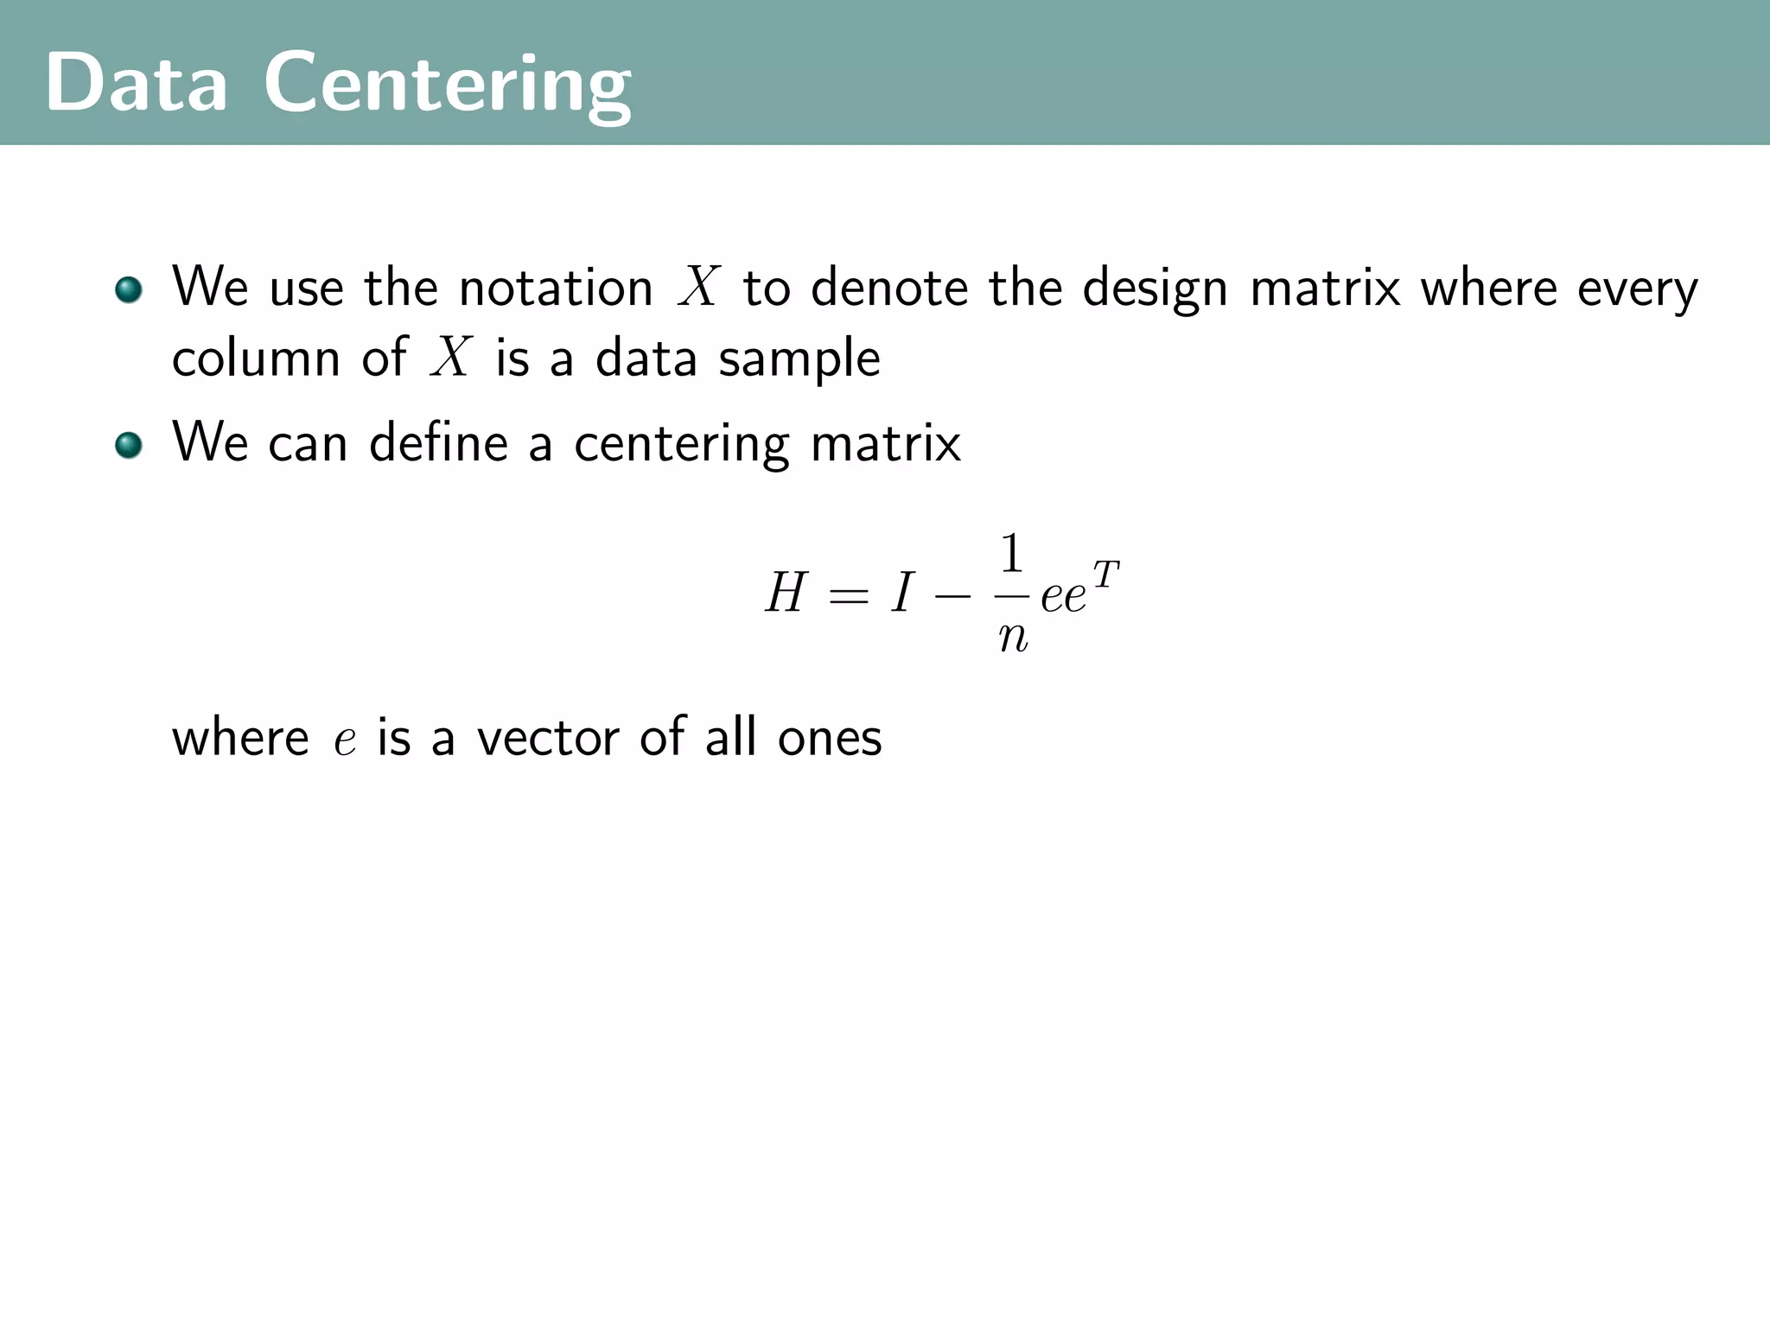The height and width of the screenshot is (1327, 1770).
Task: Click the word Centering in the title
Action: point(448,84)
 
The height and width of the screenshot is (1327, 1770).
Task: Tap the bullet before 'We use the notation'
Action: point(129,289)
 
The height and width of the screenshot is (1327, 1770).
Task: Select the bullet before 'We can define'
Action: point(129,446)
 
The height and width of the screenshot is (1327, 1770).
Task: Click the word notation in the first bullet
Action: point(555,288)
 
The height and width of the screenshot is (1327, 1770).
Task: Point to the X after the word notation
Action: point(698,286)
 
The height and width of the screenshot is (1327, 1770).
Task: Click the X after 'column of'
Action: point(450,357)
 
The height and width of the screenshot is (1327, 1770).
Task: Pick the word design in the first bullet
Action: point(1155,289)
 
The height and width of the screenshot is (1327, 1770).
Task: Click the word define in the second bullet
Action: point(438,443)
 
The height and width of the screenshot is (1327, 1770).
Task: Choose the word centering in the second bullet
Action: point(681,445)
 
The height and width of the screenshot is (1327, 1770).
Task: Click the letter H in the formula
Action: point(786,594)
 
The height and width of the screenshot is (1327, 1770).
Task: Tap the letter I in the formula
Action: point(901,594)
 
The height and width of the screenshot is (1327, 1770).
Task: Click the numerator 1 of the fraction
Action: point(1011,554)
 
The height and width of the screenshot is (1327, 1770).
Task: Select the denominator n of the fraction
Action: point(1013,637)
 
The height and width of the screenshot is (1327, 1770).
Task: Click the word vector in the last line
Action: point(548,739)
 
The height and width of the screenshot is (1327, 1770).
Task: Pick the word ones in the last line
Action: point(830,739)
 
